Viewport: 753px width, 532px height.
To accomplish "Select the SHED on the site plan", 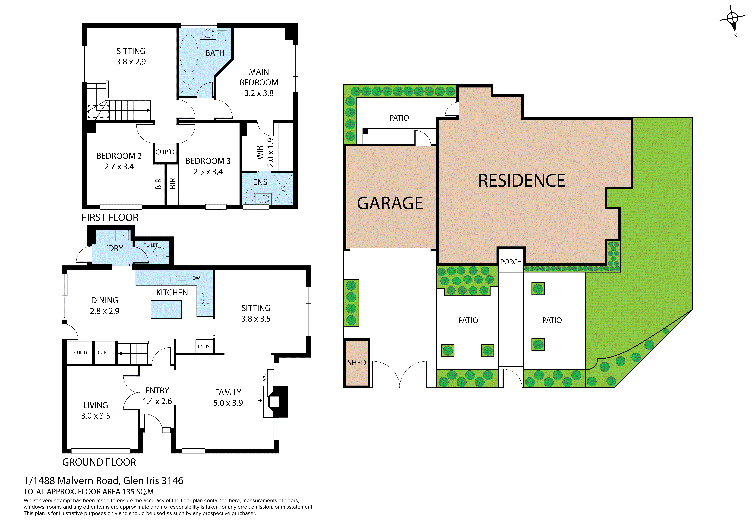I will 357,363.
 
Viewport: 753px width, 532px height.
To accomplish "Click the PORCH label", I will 511,262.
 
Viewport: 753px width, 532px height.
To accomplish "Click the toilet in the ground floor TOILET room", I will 160,252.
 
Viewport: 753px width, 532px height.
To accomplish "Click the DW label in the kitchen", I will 196,278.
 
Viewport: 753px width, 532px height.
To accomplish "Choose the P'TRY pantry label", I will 204,347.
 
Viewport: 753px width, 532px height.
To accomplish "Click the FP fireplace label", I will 260,400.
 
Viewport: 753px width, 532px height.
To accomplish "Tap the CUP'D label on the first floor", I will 165,152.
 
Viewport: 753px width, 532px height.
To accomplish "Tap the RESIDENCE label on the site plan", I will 521,181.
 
